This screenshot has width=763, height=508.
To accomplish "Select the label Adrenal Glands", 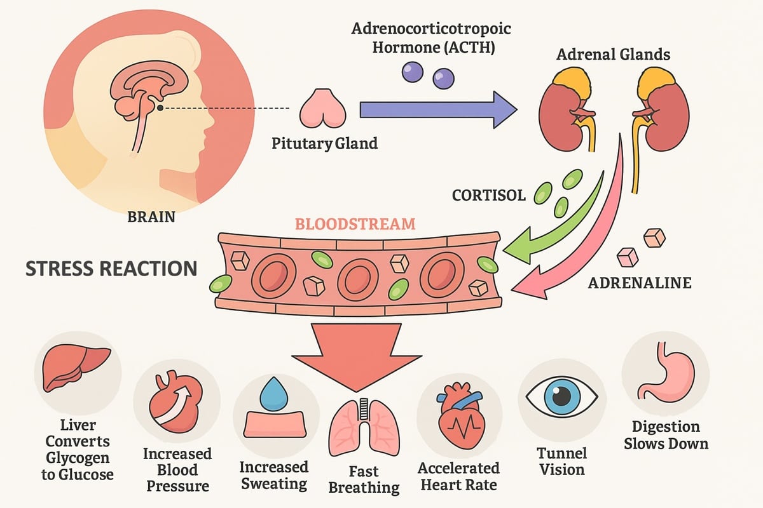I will (x=613, y=55).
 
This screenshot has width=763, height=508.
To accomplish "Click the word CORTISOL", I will (x=489, y=196).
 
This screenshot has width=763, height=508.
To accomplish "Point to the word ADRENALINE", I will (x=639, y=283).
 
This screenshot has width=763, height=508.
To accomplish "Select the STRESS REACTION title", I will (x=111, y=269).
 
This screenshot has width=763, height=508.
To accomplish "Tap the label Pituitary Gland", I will (x=324, y=143).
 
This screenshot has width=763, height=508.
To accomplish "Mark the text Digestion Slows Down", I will (x=666, y=435).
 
